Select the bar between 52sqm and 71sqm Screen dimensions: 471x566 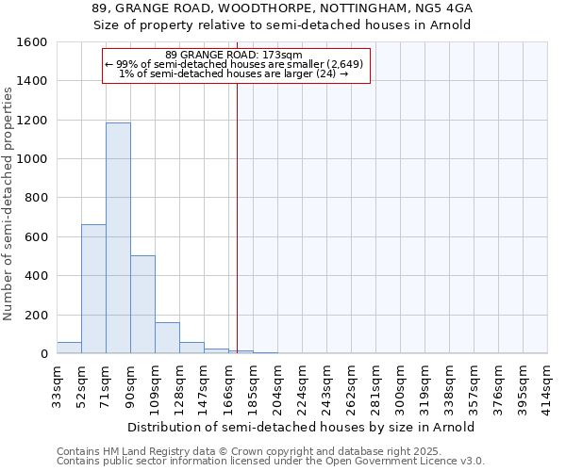pyautogui.click(x=93, y=289)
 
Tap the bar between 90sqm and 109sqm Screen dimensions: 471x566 pyautogui.click(x=142, y=304)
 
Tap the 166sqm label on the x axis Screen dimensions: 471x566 pyautogui.click(x=228, y=387)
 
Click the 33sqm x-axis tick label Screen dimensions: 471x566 pyautogui.click(x=57, y=385)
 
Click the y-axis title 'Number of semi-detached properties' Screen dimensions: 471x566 pyautogui.click(x=9, y=198)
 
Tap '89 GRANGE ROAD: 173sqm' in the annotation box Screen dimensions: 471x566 pyautogui.click(x=233, y=56)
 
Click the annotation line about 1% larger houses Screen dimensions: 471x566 pyautogui.click(x=235, y=73)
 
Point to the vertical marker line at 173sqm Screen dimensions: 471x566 pyautogui.click(x=237, y=217)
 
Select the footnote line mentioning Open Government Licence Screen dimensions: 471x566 pyautogui.click(x=271, y=462)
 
